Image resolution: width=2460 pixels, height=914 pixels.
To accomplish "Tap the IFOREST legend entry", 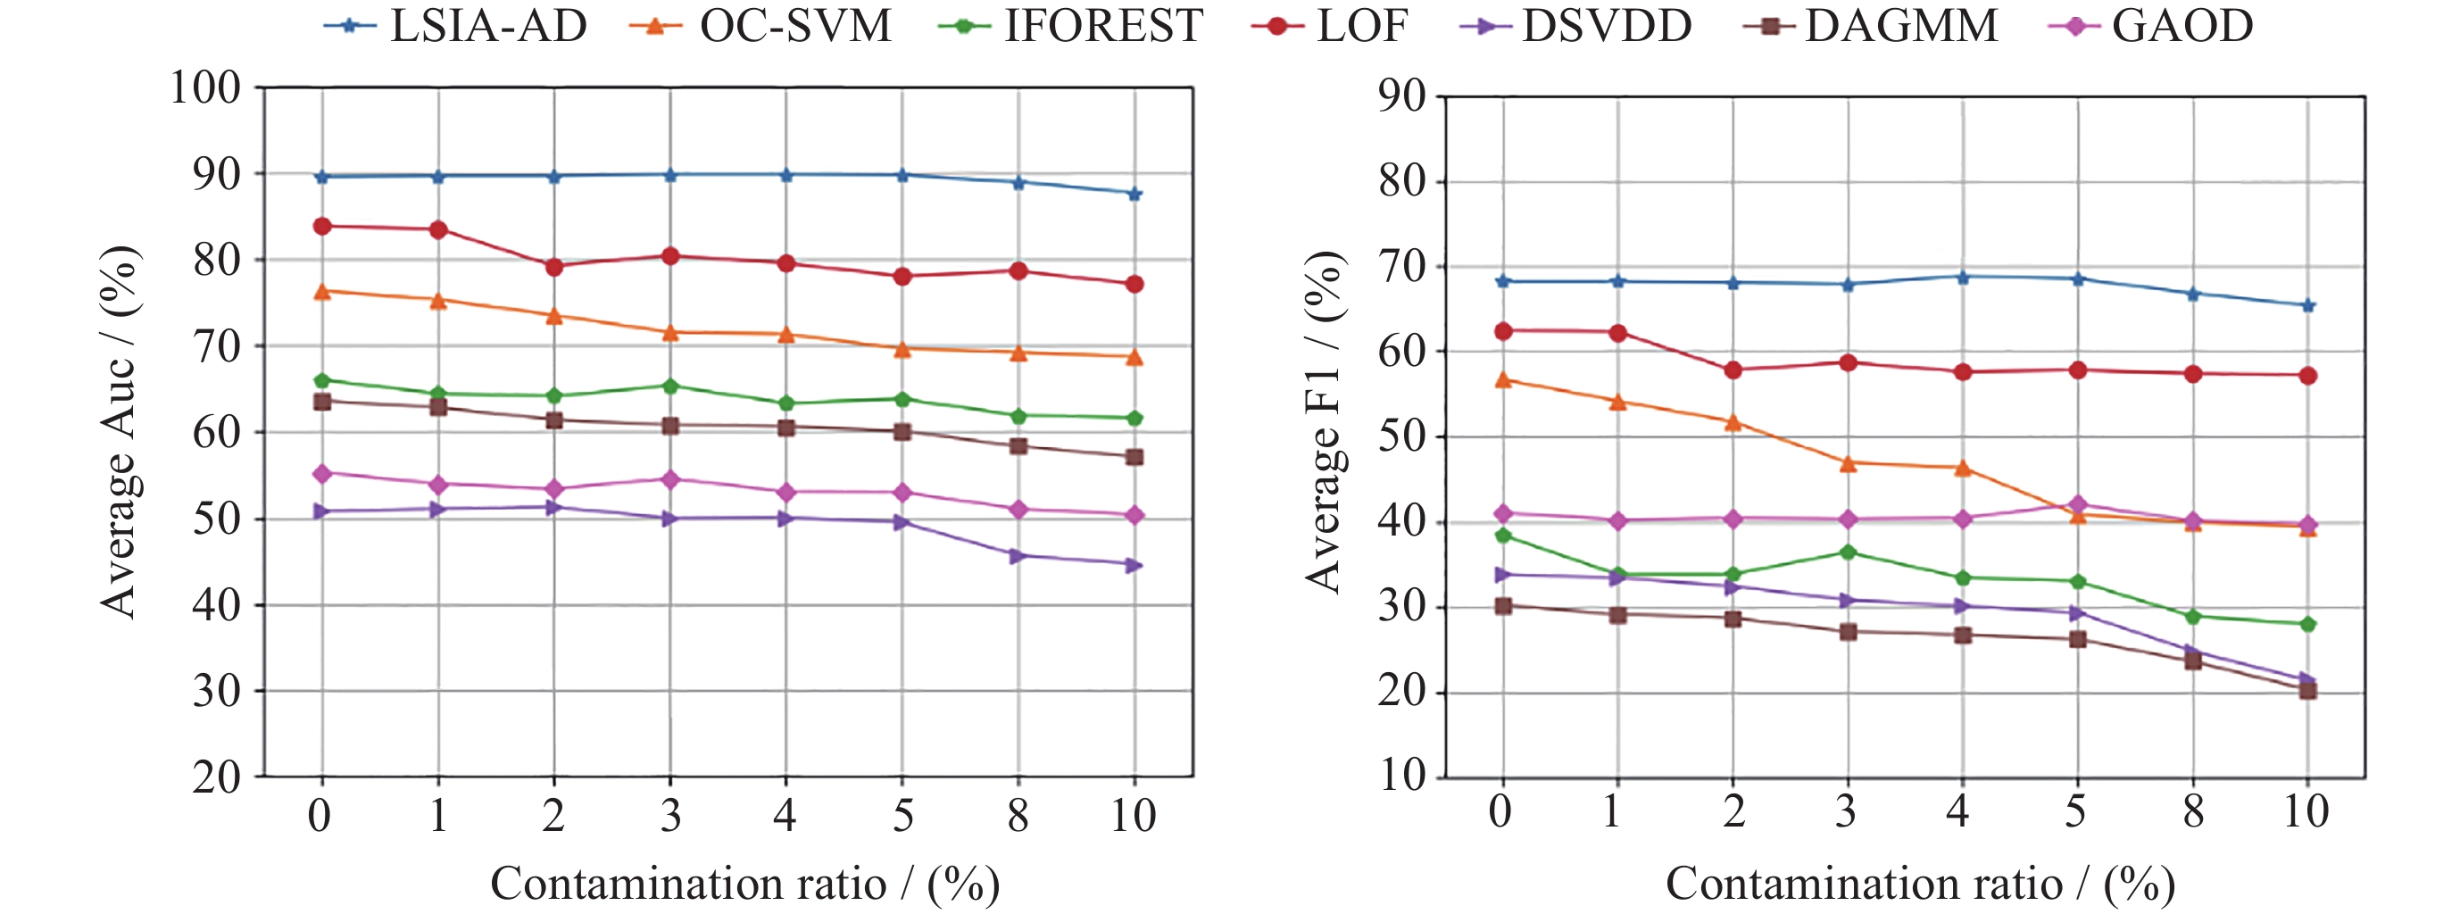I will click(1070, 26).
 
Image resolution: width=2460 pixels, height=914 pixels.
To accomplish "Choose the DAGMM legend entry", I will click(1871, 26).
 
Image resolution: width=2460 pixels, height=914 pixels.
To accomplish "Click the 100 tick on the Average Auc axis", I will click(205, 87).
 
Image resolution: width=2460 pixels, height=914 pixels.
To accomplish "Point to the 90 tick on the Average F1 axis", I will click(1402, 96).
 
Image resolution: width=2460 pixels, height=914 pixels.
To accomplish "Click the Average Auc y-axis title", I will click(121, 432).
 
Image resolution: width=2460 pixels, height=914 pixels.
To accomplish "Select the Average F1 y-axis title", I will click(1325, 422).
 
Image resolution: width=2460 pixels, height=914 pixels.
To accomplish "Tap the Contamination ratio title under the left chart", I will click(745, 884).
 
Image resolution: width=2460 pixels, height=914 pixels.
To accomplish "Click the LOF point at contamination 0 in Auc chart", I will click(322, 227).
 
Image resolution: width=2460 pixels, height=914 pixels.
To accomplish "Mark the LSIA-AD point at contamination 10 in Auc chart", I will click(1134, 194).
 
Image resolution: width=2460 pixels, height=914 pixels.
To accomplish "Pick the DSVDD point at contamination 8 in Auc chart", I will click(1018, 556).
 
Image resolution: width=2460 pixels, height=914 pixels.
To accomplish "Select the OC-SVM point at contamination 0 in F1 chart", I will click(1503, 380).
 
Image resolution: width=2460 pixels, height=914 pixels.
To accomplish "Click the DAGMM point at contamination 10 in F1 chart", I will click(2308, 691).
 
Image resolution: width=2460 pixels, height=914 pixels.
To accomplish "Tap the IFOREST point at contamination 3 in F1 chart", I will click(1848, 552).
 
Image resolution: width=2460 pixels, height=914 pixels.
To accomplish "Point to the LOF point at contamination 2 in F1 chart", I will click(1733, 370).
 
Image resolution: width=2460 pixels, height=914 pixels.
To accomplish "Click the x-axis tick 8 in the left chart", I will click(1018, 816).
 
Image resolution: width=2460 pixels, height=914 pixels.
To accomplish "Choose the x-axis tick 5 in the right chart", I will click(2076, 810).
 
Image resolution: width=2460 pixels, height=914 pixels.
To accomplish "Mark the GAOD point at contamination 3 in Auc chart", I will click(670, 479).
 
